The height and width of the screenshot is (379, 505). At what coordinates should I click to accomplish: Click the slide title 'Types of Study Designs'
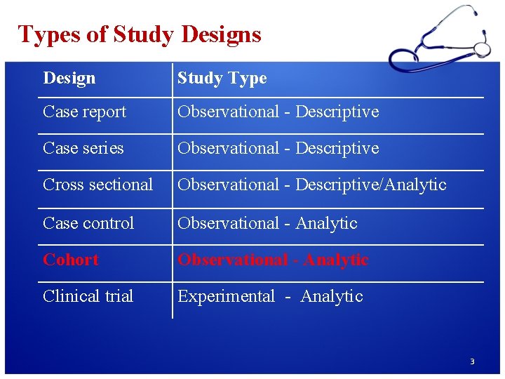(x=140, y=34)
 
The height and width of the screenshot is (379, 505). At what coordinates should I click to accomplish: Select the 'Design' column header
(x=69, y=78)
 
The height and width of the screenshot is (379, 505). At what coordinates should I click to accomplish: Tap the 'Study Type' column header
(x=222, y=78)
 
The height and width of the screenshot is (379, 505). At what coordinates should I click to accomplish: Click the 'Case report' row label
(x=84, y=112)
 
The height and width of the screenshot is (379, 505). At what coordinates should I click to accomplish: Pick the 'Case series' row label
(x=83, y=148)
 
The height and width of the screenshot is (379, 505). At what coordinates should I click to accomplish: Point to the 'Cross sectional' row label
(x=97, y=185)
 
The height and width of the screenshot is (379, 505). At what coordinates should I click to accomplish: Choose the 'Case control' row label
(x=88, y=223)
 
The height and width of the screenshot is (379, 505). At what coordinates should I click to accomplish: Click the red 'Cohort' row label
(x=71, y=260)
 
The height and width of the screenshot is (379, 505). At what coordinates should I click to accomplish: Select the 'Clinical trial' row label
(x=88, y=296)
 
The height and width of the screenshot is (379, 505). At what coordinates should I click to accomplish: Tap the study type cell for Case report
(x=278, y=112)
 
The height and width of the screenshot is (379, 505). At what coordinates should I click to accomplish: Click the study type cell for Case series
(x=278, y=148)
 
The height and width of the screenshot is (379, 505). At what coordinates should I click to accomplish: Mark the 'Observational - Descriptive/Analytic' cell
(x=311, y=185)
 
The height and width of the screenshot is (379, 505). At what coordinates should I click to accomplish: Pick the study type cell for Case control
(x=267, y=223)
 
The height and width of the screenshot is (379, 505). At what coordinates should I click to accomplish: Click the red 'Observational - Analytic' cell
(x=273, y=260)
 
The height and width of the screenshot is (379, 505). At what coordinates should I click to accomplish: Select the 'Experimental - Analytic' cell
(x=270, y=296)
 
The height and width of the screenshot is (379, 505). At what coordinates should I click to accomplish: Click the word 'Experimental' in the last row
(x=226, y=296)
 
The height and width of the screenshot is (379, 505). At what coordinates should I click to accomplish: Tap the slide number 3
(x=472, y=361)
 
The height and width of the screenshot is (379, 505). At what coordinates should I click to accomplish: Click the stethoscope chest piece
(x=482, y=48)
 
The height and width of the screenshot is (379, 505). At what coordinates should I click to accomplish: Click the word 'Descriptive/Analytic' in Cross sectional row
(x=371, y=185)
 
